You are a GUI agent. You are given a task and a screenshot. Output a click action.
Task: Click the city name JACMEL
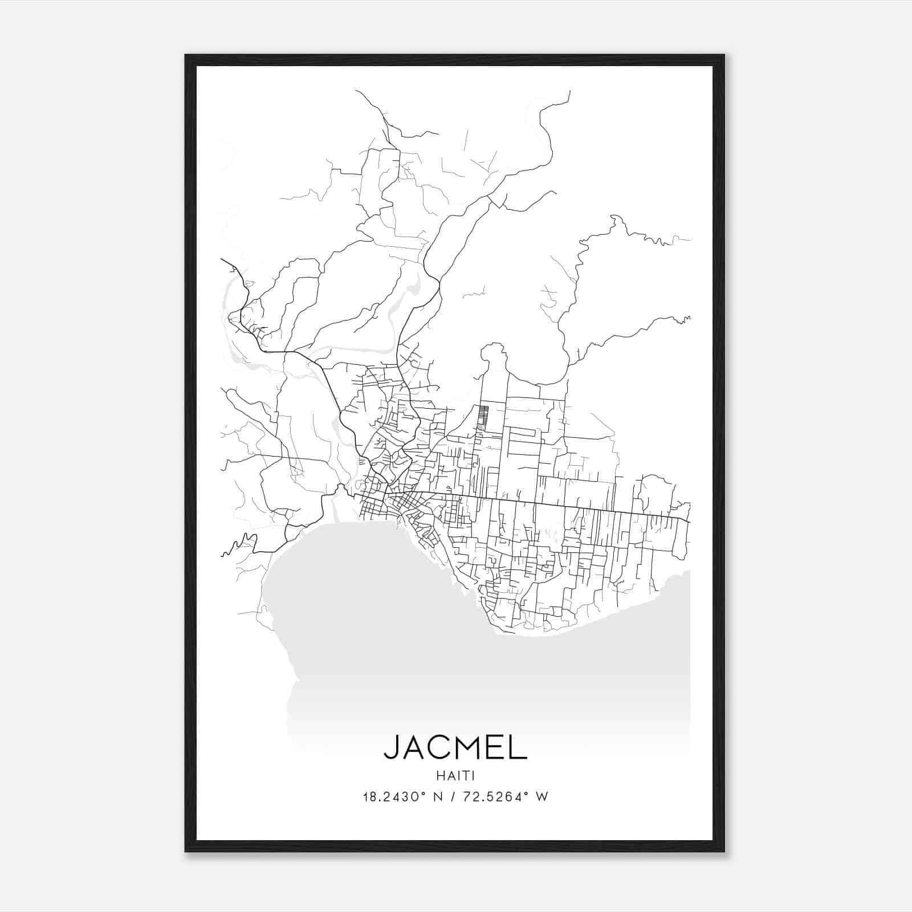(x=455, y=747)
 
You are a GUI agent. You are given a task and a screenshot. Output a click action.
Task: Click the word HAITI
(x=455, y=776)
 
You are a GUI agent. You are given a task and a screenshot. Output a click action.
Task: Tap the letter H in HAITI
(x=439, y=776)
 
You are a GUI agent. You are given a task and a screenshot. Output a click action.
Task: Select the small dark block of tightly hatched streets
(x=483, y=417)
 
